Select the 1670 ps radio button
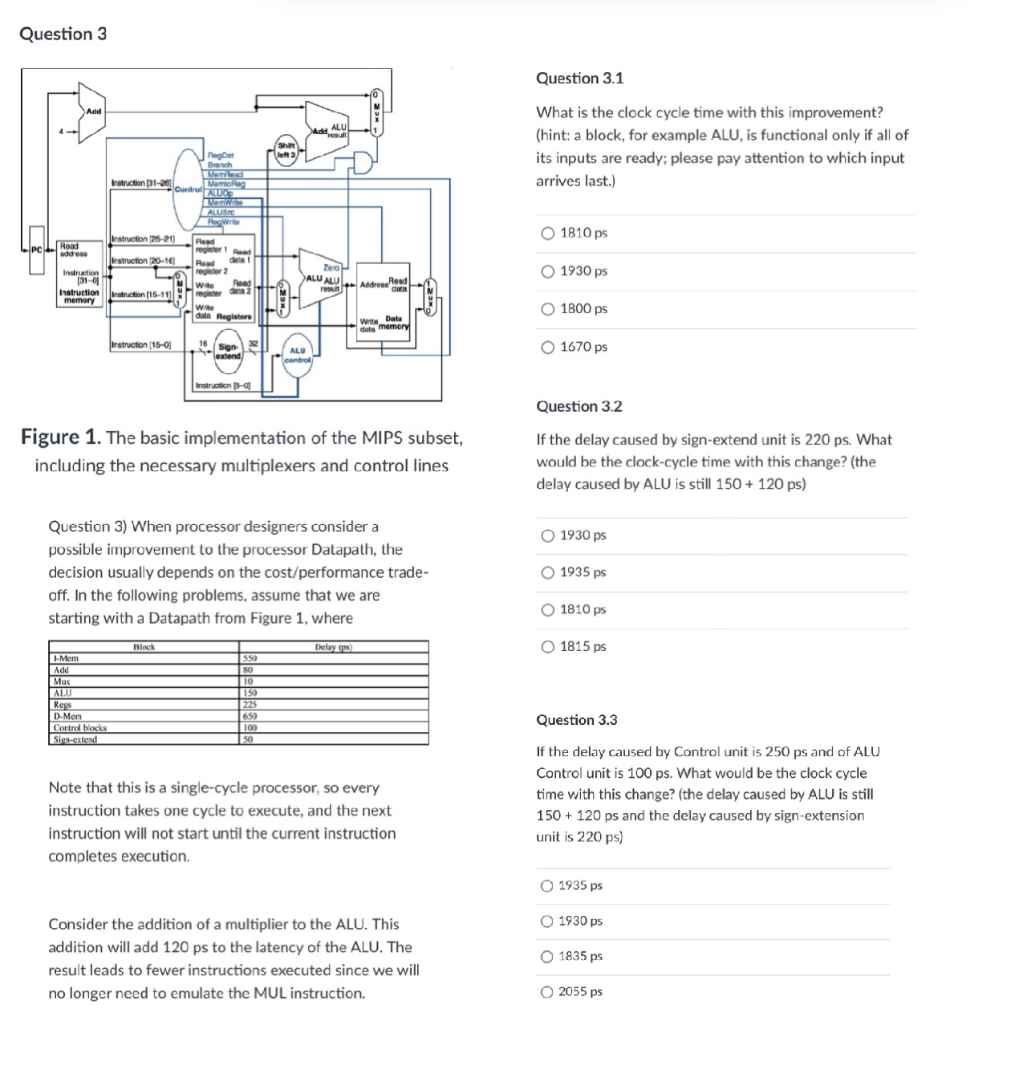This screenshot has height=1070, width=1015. pos(548,347)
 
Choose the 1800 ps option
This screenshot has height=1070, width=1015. pos(548,309)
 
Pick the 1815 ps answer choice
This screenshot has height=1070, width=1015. pos(548,647)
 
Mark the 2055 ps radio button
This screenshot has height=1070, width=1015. pos(547,992)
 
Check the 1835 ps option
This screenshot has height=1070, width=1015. pos(547,957)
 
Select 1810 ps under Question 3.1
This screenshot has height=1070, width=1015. pos(548,234)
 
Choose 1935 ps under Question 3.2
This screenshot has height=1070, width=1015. pos(548,572)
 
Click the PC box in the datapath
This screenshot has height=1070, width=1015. pos(36,250)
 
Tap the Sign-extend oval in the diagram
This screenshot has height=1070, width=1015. pos(229,351)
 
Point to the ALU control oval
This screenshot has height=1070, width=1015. pos(298,355)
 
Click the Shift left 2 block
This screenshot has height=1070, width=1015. pos(286,150)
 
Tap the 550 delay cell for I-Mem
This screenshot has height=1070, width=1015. pos(250,658)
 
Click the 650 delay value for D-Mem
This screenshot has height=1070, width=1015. pos(250,716)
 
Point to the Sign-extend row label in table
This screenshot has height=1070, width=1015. pos(75,739)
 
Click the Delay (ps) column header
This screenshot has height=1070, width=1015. pos(333,647)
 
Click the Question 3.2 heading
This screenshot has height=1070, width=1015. pos(579,407)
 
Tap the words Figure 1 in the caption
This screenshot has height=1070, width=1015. pos(61,437)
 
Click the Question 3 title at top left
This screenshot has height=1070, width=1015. pos(63,34)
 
